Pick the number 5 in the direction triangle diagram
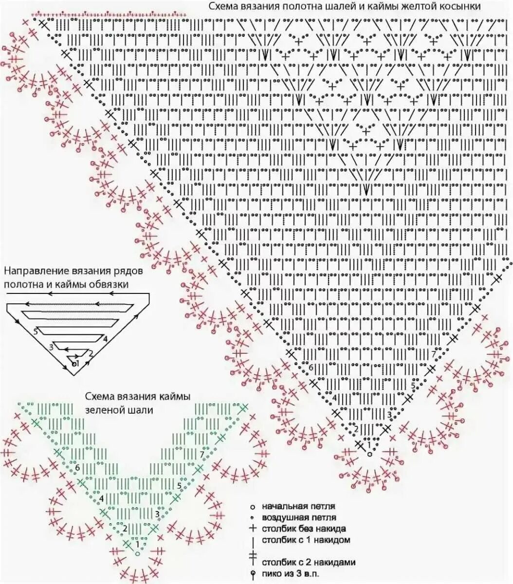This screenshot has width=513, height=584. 36,331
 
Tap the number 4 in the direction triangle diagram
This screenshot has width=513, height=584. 105,339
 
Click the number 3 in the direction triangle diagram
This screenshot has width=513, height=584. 51,347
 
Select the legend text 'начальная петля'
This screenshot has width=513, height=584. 298,506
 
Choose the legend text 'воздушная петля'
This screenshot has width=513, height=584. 299,517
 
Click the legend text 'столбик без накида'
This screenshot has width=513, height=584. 304,529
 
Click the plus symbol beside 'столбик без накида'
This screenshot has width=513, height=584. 253,529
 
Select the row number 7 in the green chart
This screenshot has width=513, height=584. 202,455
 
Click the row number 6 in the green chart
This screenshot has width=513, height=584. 77,467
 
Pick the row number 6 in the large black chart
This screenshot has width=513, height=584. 311,367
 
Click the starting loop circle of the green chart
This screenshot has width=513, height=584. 138,553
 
